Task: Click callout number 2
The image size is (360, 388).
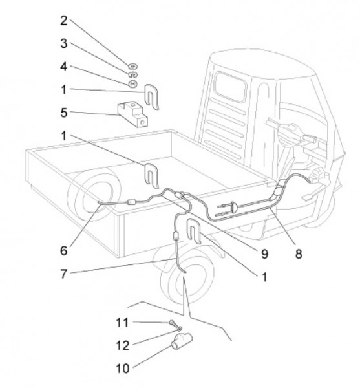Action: click(x=64, y=21)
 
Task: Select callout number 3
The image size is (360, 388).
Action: click(x=64, y=43)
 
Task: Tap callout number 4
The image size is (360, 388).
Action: click(x=64, y=67)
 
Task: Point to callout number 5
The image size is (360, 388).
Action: click(x=64, y=113)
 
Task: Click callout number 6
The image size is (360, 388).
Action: click(x=64, y=251)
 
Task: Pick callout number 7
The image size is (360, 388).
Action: click(x=64, y=274)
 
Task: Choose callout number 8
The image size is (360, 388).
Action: click(x=299, y=253)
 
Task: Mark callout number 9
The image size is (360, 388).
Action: click(x=264, y=253)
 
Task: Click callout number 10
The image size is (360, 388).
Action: click(x=123, y=369)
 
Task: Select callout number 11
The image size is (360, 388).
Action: click(x=122, y=323)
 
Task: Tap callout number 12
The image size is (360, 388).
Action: click(x=123, y=346)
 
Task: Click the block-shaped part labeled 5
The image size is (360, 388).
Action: click(x=132, y=114)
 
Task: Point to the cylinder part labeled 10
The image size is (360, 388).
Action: click(x=182, y=341)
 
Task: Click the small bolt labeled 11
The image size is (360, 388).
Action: click(x=173, y=323)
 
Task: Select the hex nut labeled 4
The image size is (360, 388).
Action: click(x=132, y=84)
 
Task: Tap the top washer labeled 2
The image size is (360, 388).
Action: click(x=133, y=67)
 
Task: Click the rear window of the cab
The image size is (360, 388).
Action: click(x=231, y=87)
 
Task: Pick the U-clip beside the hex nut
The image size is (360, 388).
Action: click(x=151, y=96)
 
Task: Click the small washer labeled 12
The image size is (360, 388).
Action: click(x=180, y=329)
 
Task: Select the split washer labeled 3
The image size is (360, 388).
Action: click(x=133, y=74)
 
